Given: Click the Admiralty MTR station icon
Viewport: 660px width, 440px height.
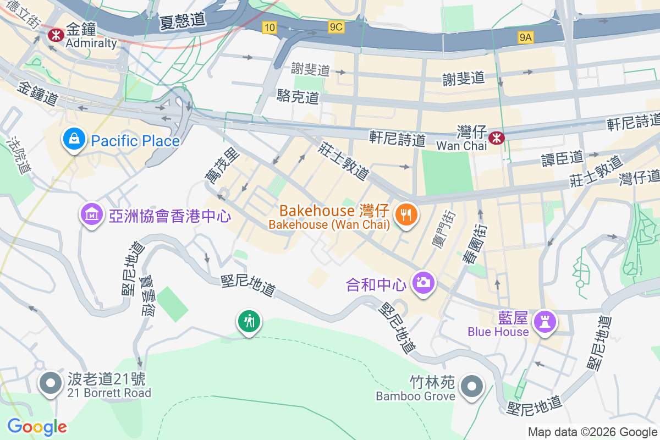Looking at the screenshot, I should (x=55, y=35).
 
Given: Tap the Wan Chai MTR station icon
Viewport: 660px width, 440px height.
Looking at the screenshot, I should (x=496, y=137).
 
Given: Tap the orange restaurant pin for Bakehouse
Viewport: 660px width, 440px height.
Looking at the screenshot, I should (x=406, y=214).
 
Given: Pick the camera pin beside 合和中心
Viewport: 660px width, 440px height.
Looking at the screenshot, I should (x=422, y=283).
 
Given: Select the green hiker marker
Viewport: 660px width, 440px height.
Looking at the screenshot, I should (x=249, y=321).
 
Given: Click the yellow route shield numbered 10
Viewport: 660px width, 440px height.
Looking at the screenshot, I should (x=269, y=28).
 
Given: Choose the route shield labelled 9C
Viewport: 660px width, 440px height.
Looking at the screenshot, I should (x=336, y=27).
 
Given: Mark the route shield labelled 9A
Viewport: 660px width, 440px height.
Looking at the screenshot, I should (x=526, y=37).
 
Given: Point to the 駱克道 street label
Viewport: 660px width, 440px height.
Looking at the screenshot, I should (x=298, y=97).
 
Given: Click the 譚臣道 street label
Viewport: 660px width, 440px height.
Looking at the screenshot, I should (x=562, y=158).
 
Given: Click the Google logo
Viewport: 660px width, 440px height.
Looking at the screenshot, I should (x=37, y=426).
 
